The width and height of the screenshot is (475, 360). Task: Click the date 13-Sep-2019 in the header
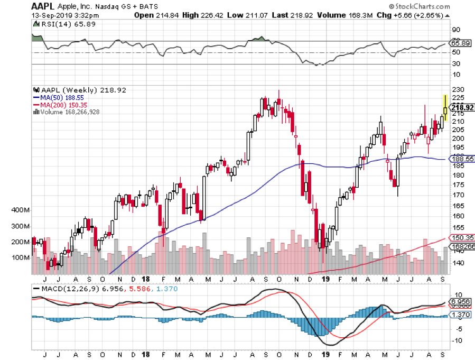pyautogui.click(x=49, y=15)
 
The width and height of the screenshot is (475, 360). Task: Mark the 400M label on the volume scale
pyautogui.click(x=20, y=210)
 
